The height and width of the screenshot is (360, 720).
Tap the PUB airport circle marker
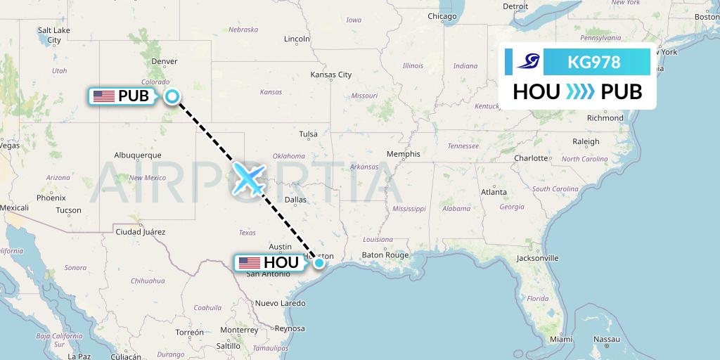172,96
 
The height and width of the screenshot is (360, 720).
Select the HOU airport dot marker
319,263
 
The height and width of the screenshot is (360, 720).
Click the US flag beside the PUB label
104,96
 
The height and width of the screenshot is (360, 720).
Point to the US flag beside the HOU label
250,263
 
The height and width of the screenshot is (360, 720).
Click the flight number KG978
593,63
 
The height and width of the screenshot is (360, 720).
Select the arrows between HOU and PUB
580,92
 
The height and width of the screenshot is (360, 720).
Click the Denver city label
164,61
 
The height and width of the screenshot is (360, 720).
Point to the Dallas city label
295,200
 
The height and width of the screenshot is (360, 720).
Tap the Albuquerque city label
138,155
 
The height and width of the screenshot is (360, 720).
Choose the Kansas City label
330,75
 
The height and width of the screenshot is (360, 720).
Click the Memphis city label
403,154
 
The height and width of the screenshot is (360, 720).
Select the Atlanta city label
494,192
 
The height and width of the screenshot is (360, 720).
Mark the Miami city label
561,339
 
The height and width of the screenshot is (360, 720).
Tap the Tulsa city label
308,134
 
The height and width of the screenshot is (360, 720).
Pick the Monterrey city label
239,329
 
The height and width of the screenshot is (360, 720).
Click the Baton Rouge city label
385,255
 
